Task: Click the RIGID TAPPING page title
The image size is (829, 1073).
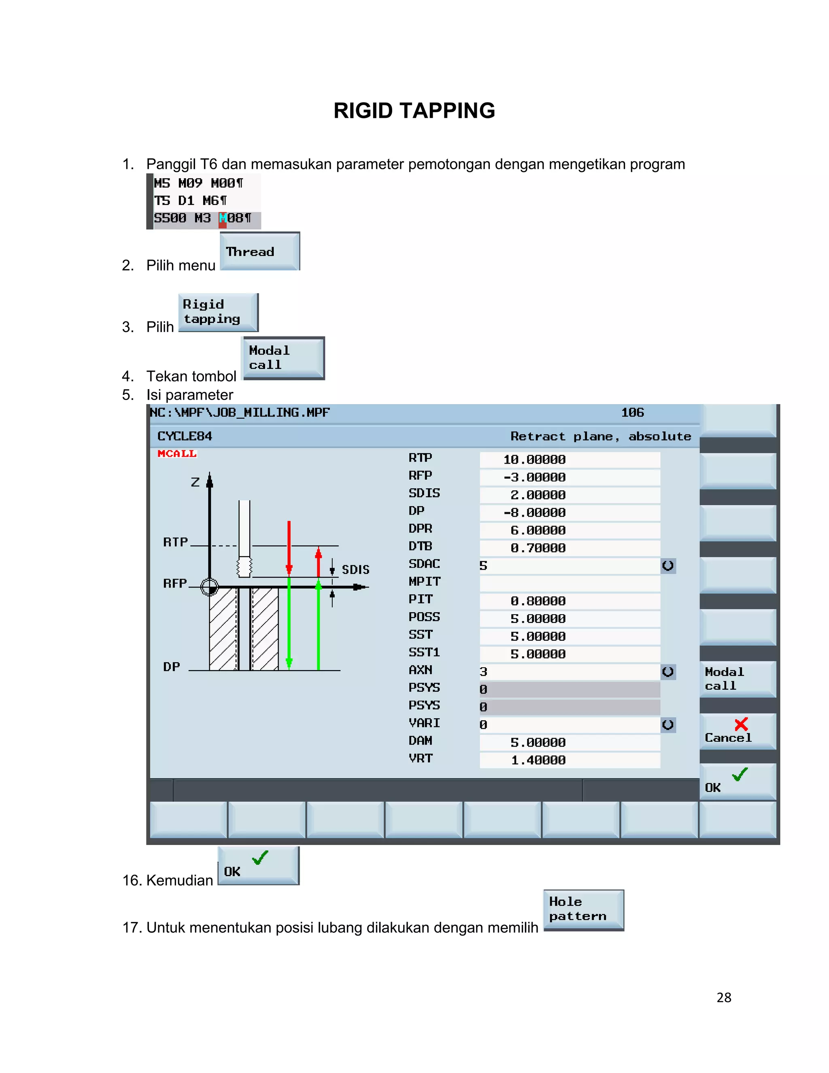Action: point(414,111)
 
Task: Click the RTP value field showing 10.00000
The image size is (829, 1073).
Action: point(570,460)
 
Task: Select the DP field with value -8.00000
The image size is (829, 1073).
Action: point(570,513)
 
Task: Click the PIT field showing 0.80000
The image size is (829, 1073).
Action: point(570,601)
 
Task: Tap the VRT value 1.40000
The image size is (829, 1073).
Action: point(570,760)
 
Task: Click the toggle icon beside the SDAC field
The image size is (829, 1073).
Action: point(668,566)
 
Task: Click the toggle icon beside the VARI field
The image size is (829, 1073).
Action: point(668,725)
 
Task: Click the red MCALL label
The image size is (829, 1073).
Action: point(177,453)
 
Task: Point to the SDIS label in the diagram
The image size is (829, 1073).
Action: point(355,569)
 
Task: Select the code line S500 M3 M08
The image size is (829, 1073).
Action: point(202,218)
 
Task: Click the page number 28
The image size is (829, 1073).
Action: point(723,997)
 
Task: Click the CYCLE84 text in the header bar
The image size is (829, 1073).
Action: point(185,436)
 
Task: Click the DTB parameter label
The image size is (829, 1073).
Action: point(421,546)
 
